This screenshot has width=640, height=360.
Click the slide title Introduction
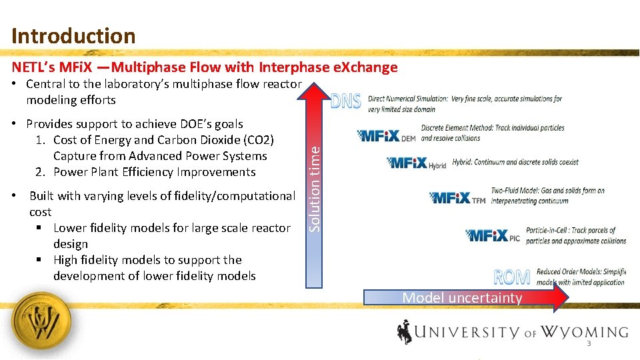coord(73,35)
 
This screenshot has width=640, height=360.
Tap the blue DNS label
coord(346,101)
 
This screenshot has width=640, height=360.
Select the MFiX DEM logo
coord(387,136)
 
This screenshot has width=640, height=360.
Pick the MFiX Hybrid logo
coord(417,163)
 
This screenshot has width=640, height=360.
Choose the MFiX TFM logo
coord(457,198)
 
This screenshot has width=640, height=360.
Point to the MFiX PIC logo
coord(493,235)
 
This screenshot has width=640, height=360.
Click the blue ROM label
coord(512,277)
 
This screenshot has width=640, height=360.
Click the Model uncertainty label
coord(462,298)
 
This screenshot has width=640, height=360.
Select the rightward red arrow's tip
coord(563,298)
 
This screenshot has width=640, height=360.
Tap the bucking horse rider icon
coord(405,331)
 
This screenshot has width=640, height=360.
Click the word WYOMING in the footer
coord(584,331)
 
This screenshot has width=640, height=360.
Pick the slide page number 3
coord(589,344)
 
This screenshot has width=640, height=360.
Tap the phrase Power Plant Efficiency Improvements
coord(155,172)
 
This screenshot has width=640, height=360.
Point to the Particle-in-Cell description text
coord(575,235)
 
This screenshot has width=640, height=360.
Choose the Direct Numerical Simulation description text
coord(464,103)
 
